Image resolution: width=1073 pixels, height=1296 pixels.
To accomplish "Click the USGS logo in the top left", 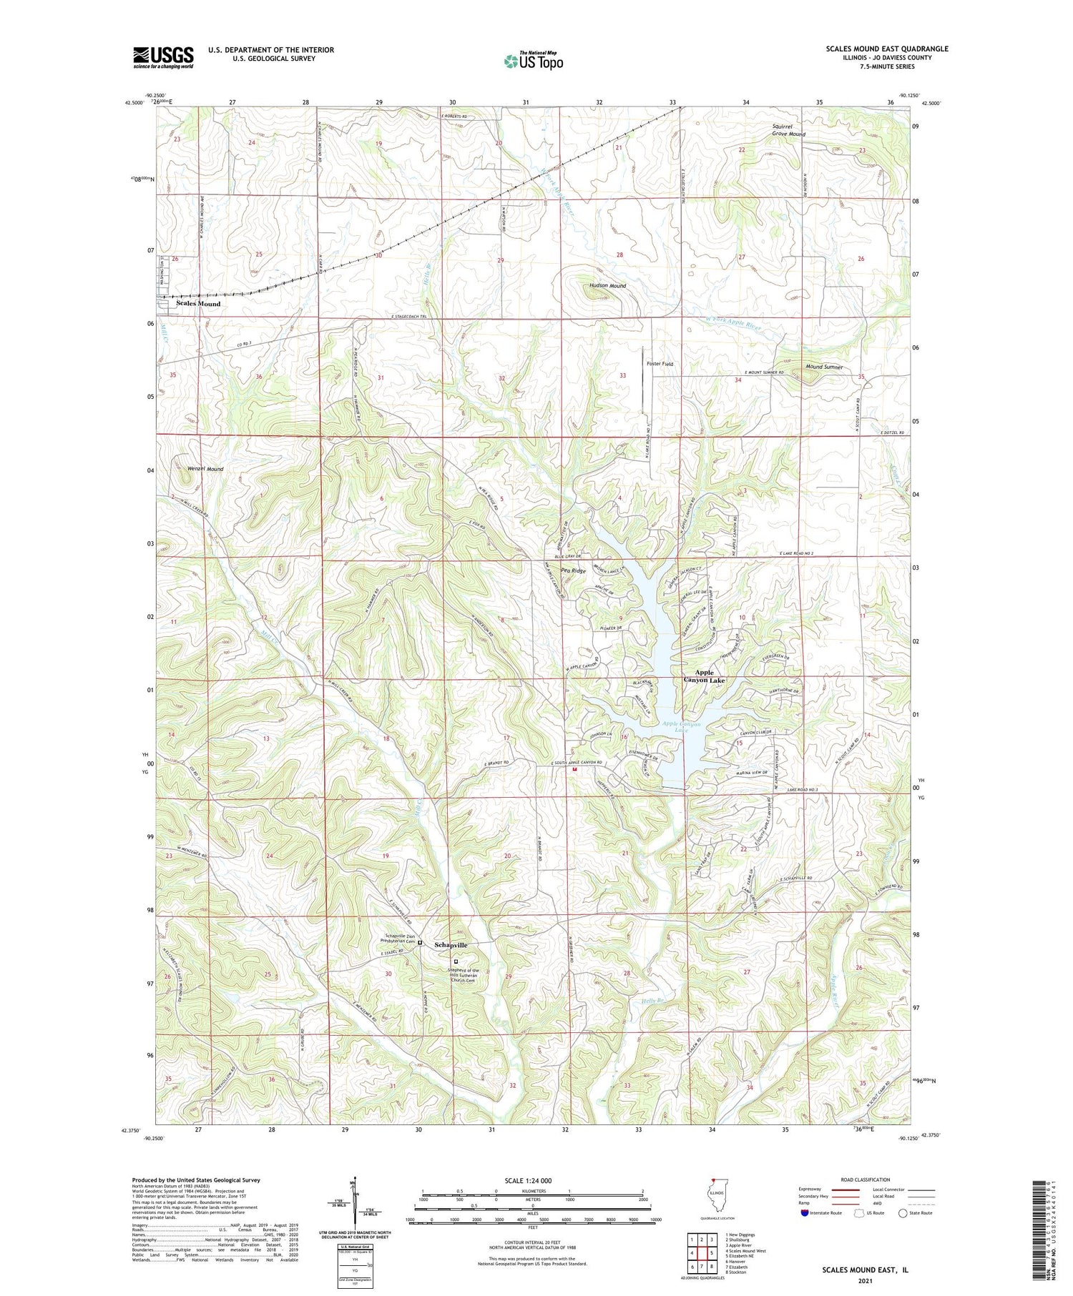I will click(163, 57).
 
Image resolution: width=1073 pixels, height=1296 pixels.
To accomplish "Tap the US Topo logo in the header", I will click(533, 61).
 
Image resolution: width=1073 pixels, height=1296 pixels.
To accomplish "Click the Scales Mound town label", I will click(198, 304).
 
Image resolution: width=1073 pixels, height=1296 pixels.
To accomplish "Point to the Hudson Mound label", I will click(607, 286).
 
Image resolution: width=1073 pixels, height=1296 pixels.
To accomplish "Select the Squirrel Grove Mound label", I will click(788, 131).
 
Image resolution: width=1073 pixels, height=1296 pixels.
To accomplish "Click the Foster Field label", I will click(660, 364).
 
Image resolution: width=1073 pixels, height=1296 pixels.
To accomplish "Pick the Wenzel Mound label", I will click(205, 469).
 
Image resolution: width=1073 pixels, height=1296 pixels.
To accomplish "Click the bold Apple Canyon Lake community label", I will click(704, 676).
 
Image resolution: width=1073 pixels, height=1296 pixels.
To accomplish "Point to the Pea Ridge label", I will click(574, 570).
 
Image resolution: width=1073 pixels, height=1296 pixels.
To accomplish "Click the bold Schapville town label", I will click(451, 944).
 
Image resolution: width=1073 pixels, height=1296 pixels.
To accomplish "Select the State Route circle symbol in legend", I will click(903, 1213).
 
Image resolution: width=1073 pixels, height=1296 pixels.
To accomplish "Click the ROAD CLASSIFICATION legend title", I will click(866, 1179).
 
